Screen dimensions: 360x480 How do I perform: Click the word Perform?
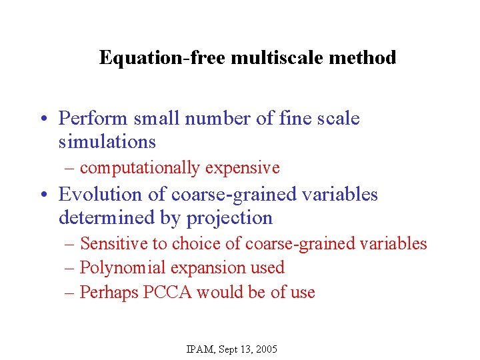click(93, 119)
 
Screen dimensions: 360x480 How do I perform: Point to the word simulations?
click(107, 142)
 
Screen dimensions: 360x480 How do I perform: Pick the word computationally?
click(139, 168)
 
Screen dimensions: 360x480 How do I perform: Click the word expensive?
click(242, 168)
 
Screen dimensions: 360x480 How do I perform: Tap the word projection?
click(229, 218)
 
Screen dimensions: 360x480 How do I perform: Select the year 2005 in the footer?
click(266, 349)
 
